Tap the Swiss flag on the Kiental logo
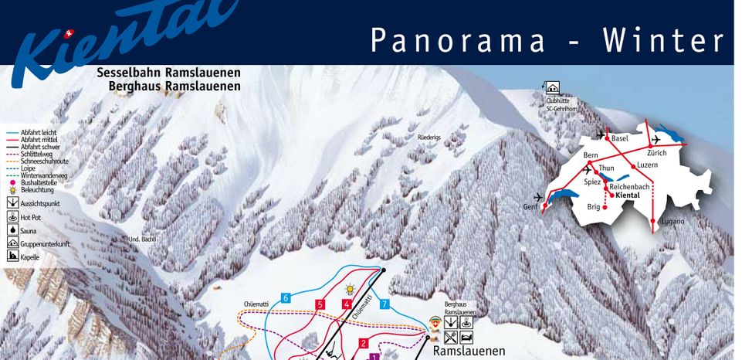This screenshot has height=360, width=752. click(70, 34)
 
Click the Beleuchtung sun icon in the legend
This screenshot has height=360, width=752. click(12, 189)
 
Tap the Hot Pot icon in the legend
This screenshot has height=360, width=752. click(12, 217)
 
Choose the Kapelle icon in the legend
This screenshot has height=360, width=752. click(12, 256)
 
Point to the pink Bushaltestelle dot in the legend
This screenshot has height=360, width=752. click(12, 182)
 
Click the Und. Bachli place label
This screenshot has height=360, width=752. click(143, 239)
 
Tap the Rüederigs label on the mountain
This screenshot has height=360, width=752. click(429, 137)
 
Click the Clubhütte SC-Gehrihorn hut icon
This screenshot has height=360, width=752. click(553, 88)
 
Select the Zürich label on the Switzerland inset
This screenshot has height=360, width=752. click(646, 153)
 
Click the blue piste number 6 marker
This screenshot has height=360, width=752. click(286, 298)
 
